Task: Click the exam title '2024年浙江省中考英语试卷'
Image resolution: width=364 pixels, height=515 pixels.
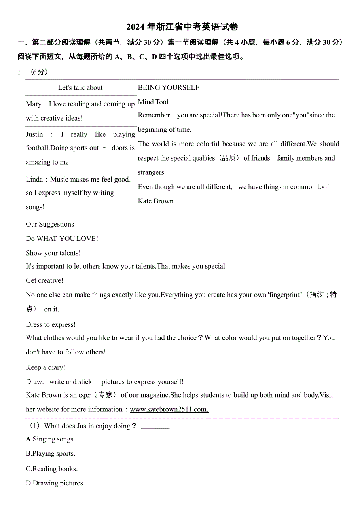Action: pos(182,27)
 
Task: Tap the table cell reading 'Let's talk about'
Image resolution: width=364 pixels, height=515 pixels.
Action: pos(80,87)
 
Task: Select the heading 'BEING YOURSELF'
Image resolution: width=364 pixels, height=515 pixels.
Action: pos(169,87)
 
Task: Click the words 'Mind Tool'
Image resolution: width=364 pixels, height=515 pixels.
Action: pos(153,102)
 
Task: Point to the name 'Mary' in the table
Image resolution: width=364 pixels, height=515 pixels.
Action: pos(33,104)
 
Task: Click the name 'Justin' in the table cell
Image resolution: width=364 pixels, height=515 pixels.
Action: pos(34,134)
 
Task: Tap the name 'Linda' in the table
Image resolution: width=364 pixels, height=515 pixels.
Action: pos(34,180)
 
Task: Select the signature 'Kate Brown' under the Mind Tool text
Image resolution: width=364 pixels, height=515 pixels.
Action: pos(155,201)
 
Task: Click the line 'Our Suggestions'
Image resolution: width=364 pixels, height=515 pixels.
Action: pos(50,224)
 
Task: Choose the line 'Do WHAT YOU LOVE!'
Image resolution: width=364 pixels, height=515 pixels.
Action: pos(62,239)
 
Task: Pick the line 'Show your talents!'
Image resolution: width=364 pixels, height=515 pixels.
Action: pos(53,253)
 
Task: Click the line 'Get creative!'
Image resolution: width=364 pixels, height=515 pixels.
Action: pos(44,280)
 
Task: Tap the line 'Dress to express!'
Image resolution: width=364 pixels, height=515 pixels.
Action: pos(51,324)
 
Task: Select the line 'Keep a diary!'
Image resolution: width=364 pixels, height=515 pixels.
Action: pos(45,367)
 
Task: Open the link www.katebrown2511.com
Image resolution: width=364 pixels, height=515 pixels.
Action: pos(169,409)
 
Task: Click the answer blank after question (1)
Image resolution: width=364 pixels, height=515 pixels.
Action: pos(155,426)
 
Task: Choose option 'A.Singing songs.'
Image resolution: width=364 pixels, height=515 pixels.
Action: pos(50,439)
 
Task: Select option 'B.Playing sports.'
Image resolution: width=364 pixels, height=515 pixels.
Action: pos(50,453)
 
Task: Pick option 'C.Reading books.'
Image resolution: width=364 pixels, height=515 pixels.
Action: pos(51,469)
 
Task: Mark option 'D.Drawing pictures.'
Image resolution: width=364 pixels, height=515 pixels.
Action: pos(55,483)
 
